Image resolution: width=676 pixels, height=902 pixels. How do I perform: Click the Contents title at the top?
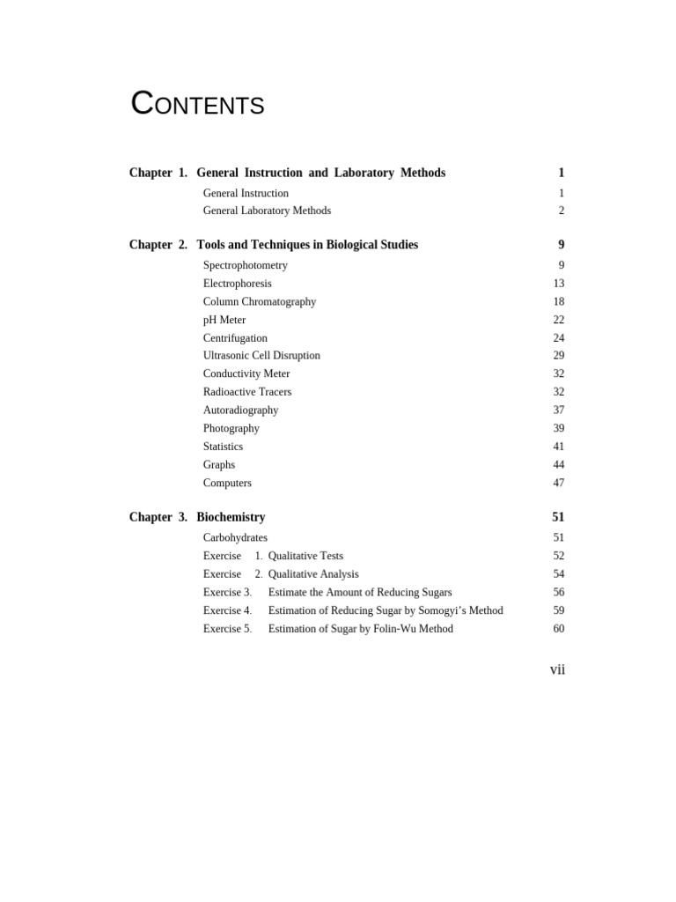tap(197, 105)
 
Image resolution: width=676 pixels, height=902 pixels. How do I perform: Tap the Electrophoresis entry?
tap(237, 284)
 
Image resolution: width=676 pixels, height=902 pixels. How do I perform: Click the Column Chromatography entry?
tap(259, 301)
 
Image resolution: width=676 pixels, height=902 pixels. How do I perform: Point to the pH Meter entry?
tap(224, 320)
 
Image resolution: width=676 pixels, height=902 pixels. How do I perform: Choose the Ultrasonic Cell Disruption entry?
tap(261, 356)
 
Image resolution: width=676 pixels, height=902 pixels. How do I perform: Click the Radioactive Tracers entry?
tap(246, 392)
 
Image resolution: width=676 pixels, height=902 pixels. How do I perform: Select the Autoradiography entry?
tap(240, 410)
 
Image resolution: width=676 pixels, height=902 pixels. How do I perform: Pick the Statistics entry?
tap(223, 447)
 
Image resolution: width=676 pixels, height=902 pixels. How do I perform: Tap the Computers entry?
tap(227, 483)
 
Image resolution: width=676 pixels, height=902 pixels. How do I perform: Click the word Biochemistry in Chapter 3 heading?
tap(231, 517)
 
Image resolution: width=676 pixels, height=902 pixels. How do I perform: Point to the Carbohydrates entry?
tap(235, 537)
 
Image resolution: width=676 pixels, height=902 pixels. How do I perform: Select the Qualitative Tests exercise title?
tap(305, 556)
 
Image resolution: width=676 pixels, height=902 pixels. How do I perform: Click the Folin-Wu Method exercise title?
tap(360, 629)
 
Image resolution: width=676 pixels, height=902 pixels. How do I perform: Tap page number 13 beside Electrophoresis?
tap(558, 284)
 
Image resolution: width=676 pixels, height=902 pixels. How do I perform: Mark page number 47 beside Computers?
tap(558, 483)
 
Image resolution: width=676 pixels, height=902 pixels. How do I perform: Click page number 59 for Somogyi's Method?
tap(558, 610)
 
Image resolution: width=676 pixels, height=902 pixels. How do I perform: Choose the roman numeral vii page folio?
tap(557, 669)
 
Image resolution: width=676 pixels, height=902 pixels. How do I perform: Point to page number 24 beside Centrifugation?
tap(558, 338)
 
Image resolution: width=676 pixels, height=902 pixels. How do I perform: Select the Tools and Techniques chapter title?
tap(307, 245)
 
